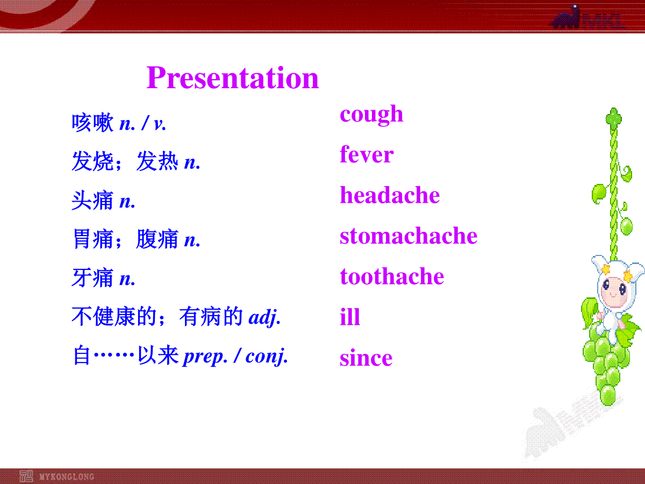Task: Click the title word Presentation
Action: click(232, 77)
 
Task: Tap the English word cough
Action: click(371, 115)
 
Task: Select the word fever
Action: click(367, 154)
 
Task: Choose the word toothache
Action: click(392, 276)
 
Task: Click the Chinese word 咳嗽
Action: click(92, 123)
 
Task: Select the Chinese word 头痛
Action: click(92, 201)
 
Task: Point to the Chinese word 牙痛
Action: click(92, 277)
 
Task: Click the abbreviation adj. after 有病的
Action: click(264, 318)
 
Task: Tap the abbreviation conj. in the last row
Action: click(267, 357)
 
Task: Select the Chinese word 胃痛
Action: click(92, 239)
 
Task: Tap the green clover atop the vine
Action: click(614, 119)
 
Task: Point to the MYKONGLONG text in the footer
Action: click(67, 476)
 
